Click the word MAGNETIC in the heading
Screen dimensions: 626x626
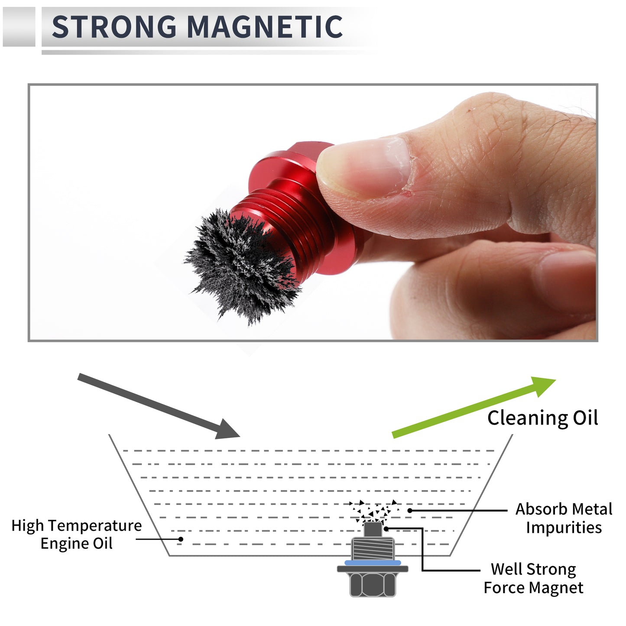click(265, 26)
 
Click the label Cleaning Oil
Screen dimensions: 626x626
click(542, 418)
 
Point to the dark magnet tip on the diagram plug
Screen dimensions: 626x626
click(373, 529)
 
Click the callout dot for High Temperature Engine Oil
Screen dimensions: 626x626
click(181, 539)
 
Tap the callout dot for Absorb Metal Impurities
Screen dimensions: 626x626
click(410, 511)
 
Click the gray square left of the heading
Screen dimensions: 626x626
click(19, 26)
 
